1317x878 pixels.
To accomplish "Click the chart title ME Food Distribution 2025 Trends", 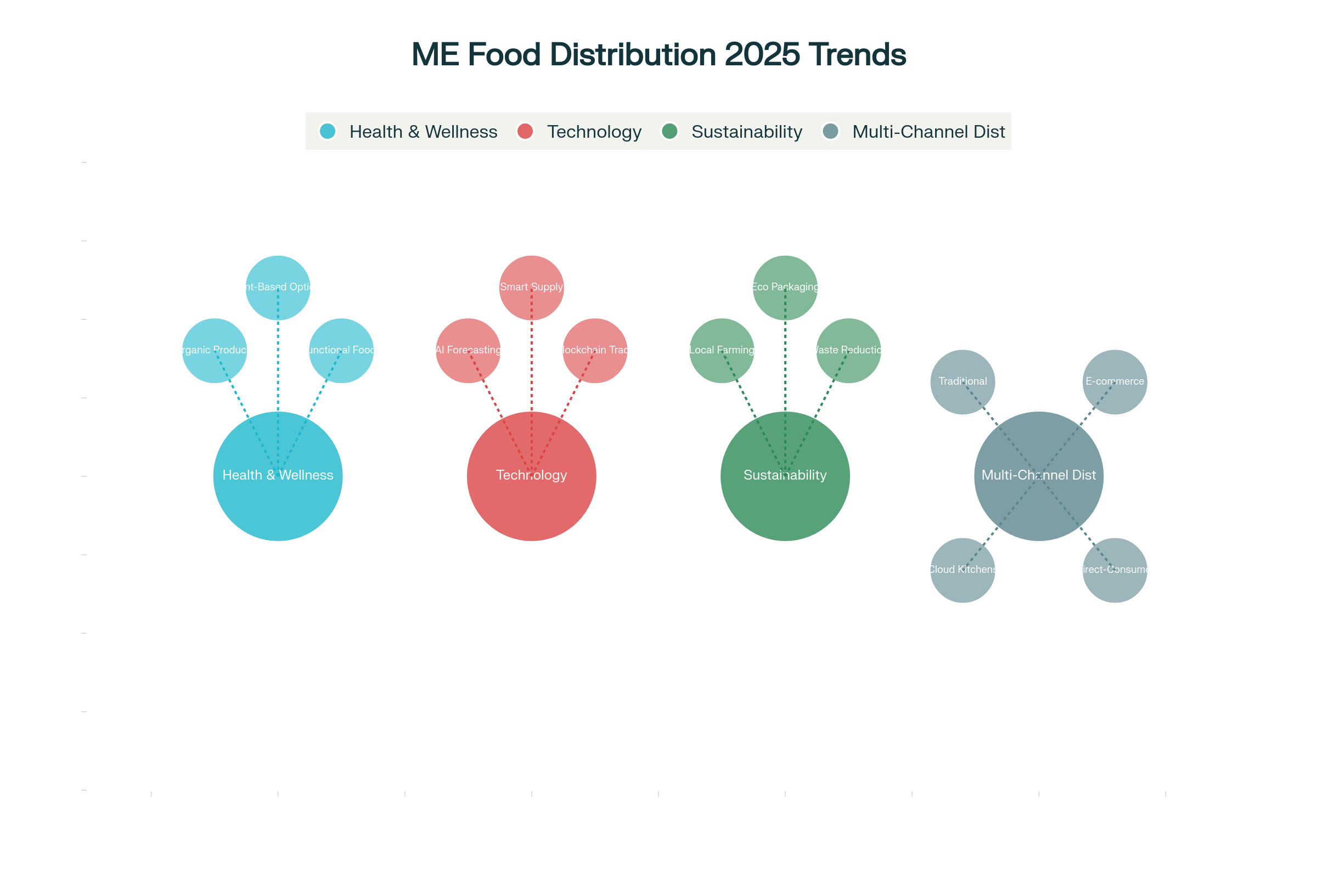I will (x=658, y=54).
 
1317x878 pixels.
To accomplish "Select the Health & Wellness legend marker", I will (x=328, y=132).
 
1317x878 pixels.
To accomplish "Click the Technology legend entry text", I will (x=594, y=132).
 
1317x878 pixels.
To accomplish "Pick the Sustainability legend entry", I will (x=746, y=132).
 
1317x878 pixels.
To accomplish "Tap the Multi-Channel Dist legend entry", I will (x=928, y=132).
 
